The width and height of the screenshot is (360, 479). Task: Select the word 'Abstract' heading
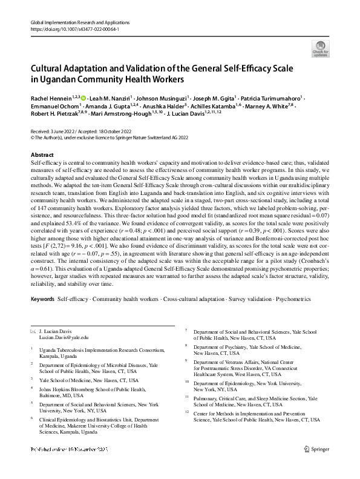[x=42, y=155]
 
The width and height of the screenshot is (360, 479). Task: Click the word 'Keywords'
[x=43, y=300]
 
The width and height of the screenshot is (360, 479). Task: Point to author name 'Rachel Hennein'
[x=51, y=98]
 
